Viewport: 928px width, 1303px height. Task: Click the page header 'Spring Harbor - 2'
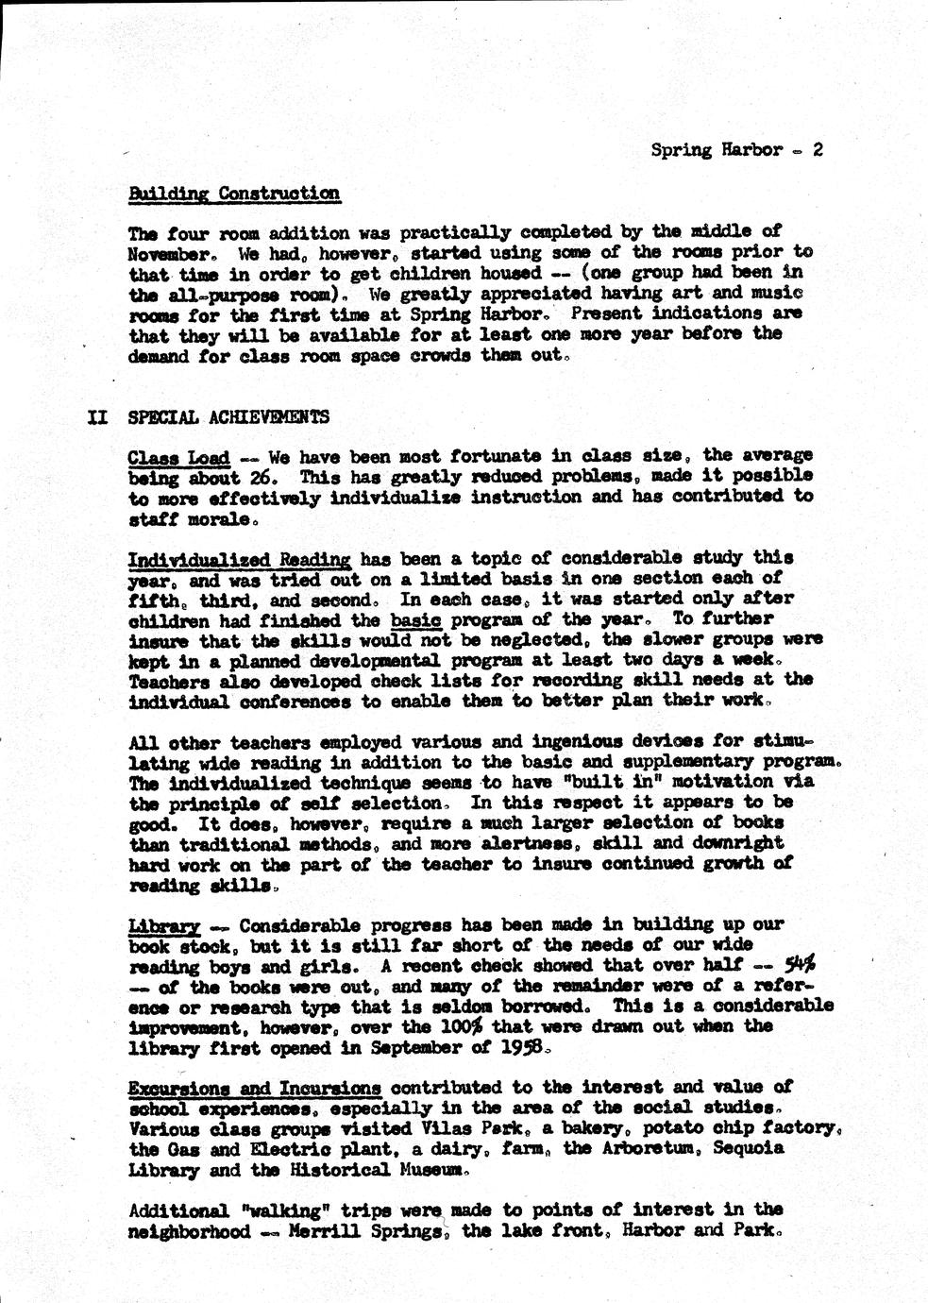click(737, 149)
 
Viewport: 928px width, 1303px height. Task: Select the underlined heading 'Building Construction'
click(234, 194)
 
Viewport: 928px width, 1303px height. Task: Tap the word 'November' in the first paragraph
click(164, 253)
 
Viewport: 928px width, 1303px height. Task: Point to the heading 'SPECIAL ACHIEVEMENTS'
click(228, 417)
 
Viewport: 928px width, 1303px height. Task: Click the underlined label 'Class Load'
click(178, 458)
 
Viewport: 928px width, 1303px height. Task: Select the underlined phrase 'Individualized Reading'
click(239, 559)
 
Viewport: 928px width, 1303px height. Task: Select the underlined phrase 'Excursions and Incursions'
click(255, 1088)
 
